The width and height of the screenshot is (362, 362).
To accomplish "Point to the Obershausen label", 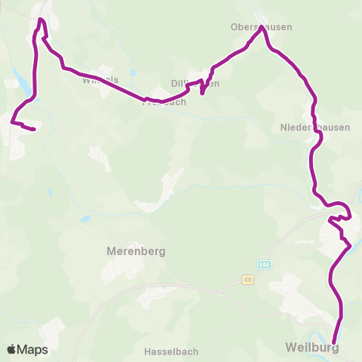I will pos(261,27).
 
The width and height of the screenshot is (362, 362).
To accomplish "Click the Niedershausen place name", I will pos(315,127).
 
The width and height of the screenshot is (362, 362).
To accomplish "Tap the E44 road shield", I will pos(262,265).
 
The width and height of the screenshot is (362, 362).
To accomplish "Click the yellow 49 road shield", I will pos(247,280).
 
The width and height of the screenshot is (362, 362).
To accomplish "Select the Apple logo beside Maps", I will pos(13,349).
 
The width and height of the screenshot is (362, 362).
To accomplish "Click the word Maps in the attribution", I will pos(32,349).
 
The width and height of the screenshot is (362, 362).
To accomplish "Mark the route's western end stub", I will pos(34,130).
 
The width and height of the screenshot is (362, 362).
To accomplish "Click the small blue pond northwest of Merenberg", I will pos(85,219).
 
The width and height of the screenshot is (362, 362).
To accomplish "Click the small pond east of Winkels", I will pos(133,73).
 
